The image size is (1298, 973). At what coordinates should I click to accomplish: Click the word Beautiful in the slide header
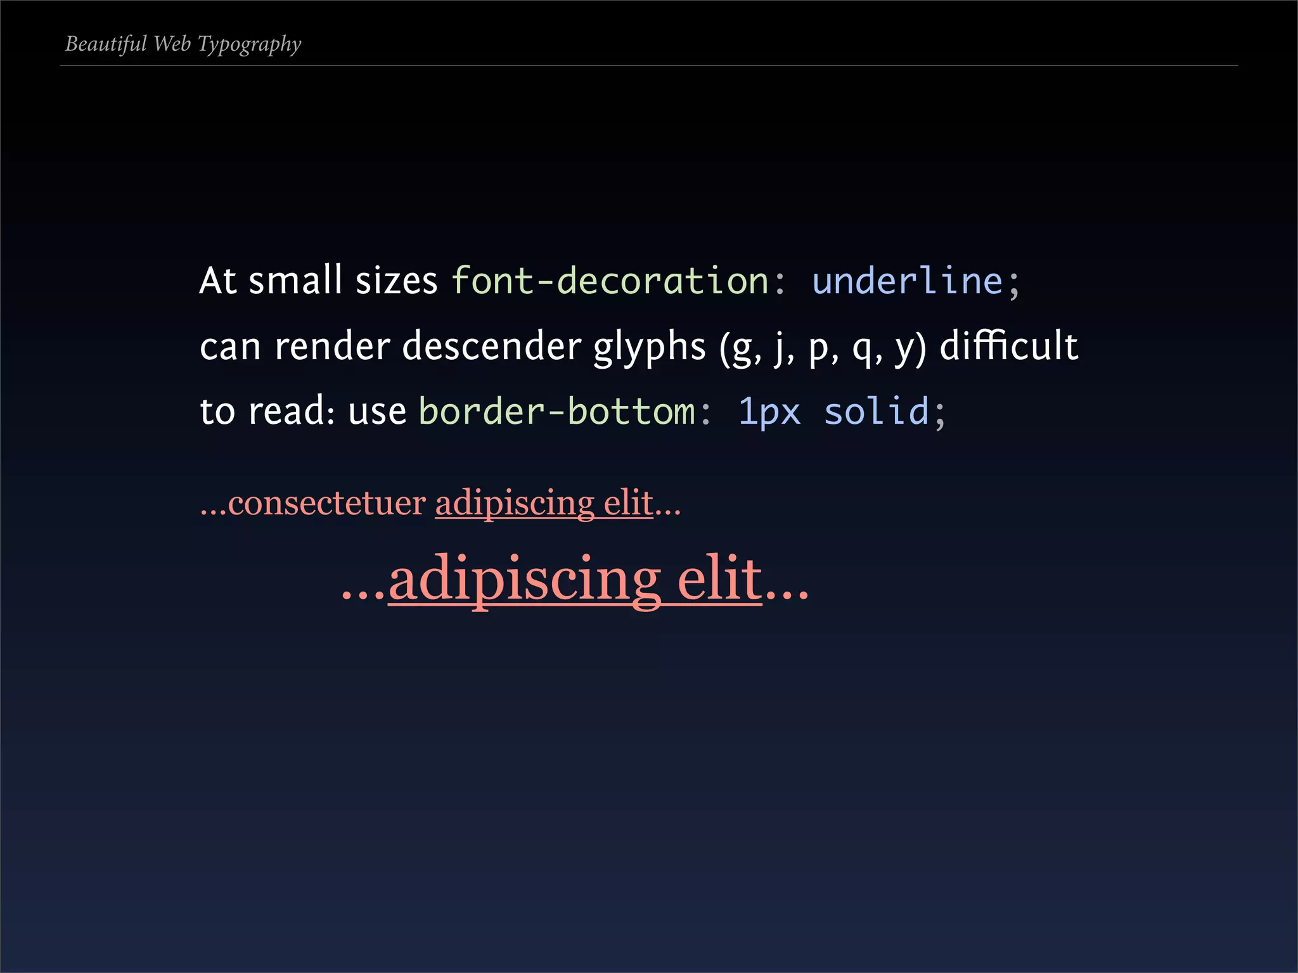pyautogui.click(x=106, y=44)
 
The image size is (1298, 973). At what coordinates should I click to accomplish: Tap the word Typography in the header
pyautogui.click(x=249, y=44)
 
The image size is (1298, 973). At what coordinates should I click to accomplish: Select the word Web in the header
pyautogui.click(x=172, y=44)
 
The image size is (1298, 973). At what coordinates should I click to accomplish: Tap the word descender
pyautogui.click(x=491, y=347)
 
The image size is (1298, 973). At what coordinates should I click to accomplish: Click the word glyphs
pyautogui.click(x=649, y=348)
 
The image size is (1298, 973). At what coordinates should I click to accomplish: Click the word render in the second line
pyautogui.click(x=332, y=347)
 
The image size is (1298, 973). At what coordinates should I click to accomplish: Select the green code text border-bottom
pyautogui.click(x=556, y=411)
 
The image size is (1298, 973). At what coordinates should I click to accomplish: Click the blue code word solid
pyautogui.click(x=876, y=411)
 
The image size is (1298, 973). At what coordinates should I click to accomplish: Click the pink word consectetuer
pyautogui.click(x=326, y=504)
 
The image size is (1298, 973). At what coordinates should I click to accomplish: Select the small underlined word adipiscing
pyautogui.click(x=514, y=504)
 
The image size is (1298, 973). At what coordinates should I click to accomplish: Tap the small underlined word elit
pyautogui.click(x=628, y=504)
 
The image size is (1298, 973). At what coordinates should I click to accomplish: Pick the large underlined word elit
pyautogui.click(x=719, y=579)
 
